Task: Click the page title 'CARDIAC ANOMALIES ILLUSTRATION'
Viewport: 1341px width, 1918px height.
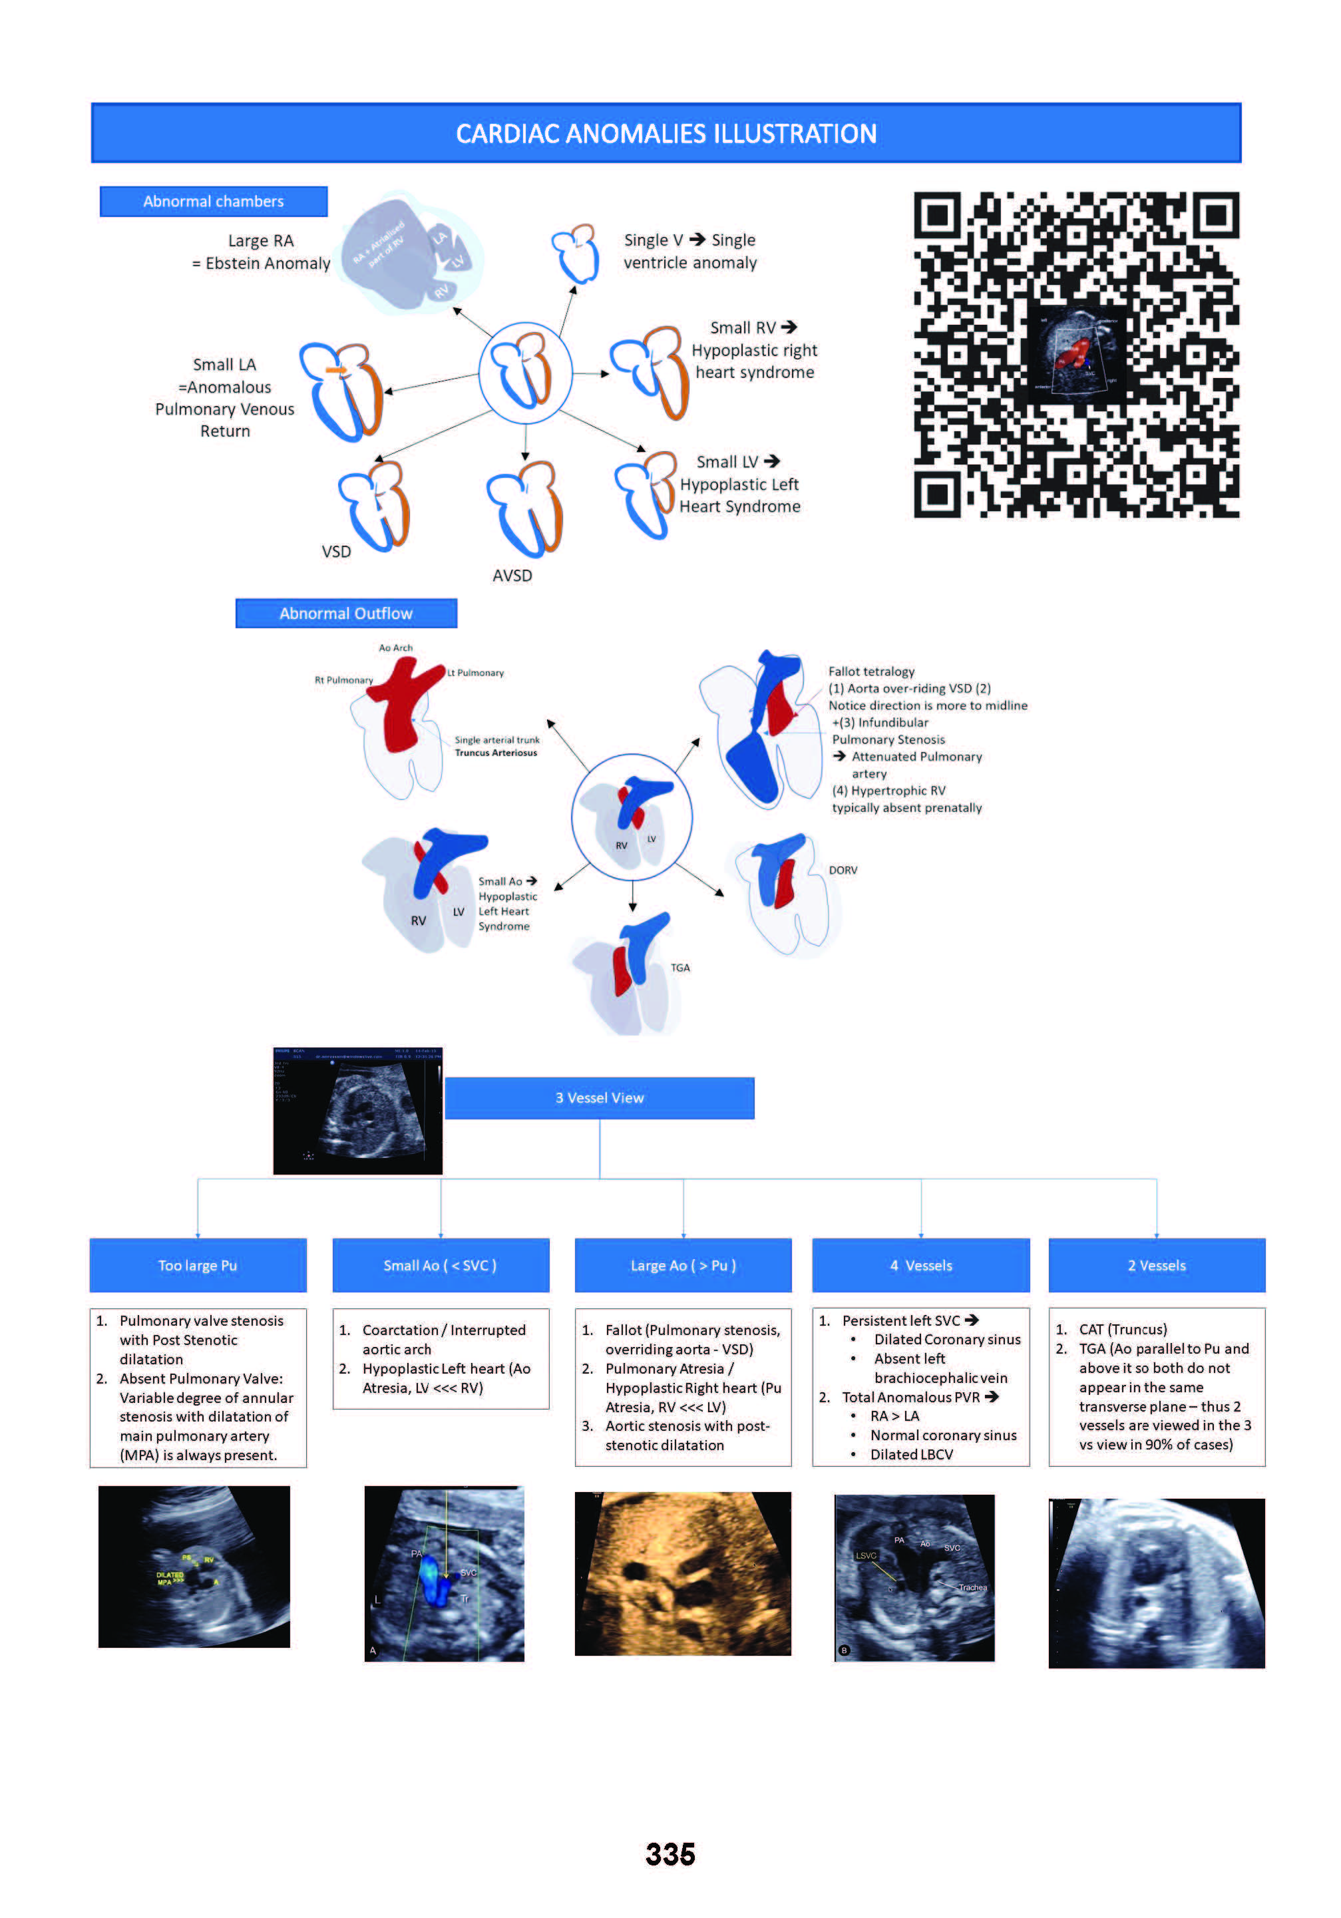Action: [666, 134]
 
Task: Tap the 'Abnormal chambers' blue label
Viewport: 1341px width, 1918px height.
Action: [213, 202]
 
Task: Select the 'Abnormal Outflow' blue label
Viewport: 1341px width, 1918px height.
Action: [346, 613]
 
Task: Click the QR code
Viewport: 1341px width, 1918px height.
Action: [1076, 354]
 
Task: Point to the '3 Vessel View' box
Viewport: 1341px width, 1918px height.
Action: [599, 1097]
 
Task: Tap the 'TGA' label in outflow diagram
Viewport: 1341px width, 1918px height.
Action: [680, 968]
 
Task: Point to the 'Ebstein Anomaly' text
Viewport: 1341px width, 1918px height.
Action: [268, 263]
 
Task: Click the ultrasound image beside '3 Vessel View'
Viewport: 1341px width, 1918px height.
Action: [357, 1110]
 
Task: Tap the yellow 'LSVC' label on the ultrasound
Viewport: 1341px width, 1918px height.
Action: [866, 1555]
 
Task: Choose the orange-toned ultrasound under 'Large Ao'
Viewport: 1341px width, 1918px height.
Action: [683, 1574]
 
